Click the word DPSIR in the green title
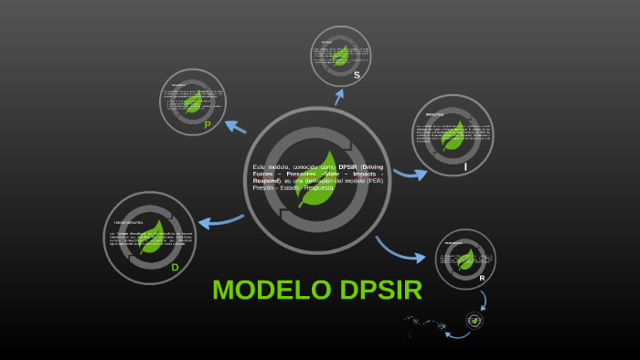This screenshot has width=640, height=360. pyautogui.click(x=380, y=290)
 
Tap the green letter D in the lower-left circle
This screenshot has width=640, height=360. pyautogui.click(x=175, y=267)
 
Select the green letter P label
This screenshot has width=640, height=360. pyautogui.click(x=208, y=125)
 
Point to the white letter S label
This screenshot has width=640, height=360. pyautogui.click(x=357, y=75)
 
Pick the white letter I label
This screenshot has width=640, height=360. pyautogui.click(x=465, y=166)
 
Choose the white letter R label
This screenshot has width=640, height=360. pyautogui.click(x=482, y=278)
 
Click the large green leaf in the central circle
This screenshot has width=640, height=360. pyautogui.click(x=315, y=178)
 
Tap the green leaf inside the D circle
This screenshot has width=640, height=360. pyautogui.click(x=152, y=237)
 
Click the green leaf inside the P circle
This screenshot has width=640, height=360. pyautogui.click(x=194, y=101)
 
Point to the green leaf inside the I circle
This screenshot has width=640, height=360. pyautogui.click(x=452, y=135)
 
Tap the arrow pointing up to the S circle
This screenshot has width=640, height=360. pyautogui.click(x=339, y=95)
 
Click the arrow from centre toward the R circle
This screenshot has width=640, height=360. pyautogui.click(x=400, y=250)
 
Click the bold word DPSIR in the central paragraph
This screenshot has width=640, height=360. pyautogui.click(x=347, y=167)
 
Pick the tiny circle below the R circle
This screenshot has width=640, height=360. pyautogui.click(x=474, y=321)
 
